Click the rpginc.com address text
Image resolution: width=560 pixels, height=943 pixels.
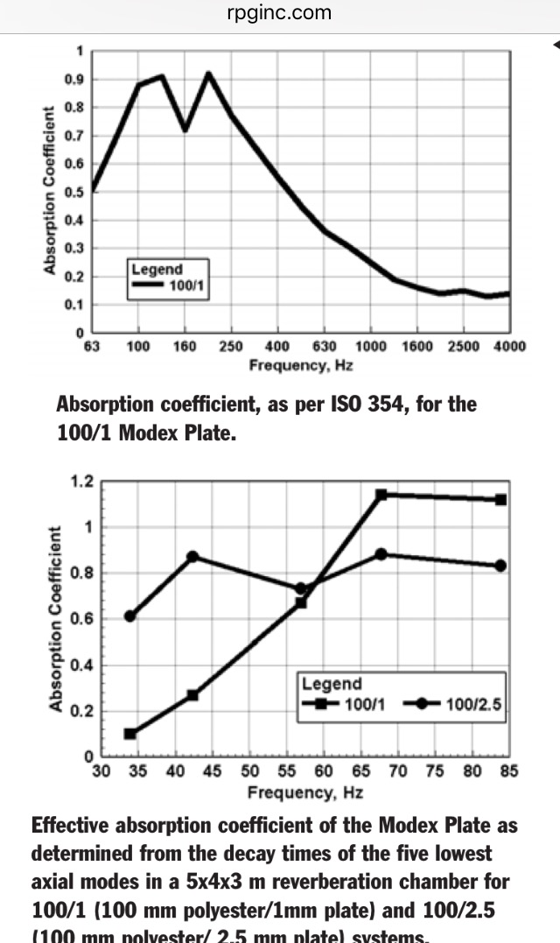click(279, 12)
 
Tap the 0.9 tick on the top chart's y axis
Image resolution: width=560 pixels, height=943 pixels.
click(77, 80)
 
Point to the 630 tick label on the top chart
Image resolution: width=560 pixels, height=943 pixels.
click(324, 347)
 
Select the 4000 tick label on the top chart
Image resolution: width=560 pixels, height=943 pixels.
click(508, 347)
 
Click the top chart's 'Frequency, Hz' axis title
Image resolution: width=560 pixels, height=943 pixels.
click(301, 366)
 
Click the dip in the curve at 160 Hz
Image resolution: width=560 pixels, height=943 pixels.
click(185, 130)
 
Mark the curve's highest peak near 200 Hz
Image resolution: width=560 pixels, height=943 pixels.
click(208, 74)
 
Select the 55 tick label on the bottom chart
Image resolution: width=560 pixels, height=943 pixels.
click(287, 772)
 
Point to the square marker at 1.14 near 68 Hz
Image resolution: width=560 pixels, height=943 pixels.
click(381, 495)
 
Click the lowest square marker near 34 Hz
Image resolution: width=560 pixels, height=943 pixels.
click(130, 733)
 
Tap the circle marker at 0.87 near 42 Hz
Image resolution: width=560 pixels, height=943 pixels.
click(192, 556)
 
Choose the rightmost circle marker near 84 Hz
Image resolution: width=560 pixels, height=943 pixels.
click(500, 566)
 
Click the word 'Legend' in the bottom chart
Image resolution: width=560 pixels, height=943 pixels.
click(332, 684)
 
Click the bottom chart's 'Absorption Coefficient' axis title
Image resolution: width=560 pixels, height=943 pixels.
click(55, 618)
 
